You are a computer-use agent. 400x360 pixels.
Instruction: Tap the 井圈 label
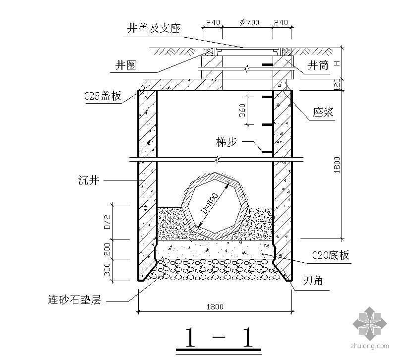click(x=126, y=65)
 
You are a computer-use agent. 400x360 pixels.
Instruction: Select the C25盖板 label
click(x=103, y=97)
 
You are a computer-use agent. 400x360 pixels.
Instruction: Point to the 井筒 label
click(x=318, y=65)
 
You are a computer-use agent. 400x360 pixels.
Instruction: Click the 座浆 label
click(x=323, y=113)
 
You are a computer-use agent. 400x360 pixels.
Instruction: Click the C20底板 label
click(x=331, y=255)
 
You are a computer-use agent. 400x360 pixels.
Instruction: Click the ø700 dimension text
click(x=246, y=23)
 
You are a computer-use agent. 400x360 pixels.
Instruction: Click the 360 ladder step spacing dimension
click(x=242, y=110)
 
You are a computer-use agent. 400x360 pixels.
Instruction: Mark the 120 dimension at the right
click(x=337, y=84)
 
